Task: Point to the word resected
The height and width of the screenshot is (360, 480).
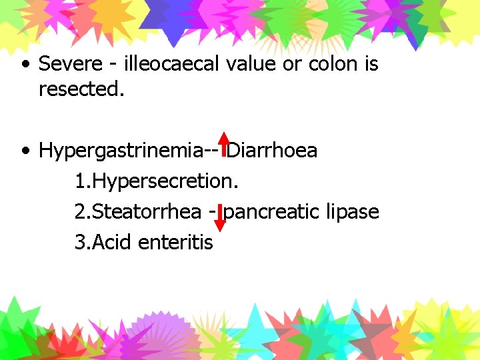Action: point(81,89)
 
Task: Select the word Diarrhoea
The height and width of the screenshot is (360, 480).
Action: point(273,151)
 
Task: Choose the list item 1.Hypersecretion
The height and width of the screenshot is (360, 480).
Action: point(157,181)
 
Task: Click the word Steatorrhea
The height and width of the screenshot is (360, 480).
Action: point(147,212)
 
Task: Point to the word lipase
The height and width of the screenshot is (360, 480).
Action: point(353,212)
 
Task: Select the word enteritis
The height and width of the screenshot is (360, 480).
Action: point(176,243)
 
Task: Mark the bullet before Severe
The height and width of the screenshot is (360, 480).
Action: point(25,65)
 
